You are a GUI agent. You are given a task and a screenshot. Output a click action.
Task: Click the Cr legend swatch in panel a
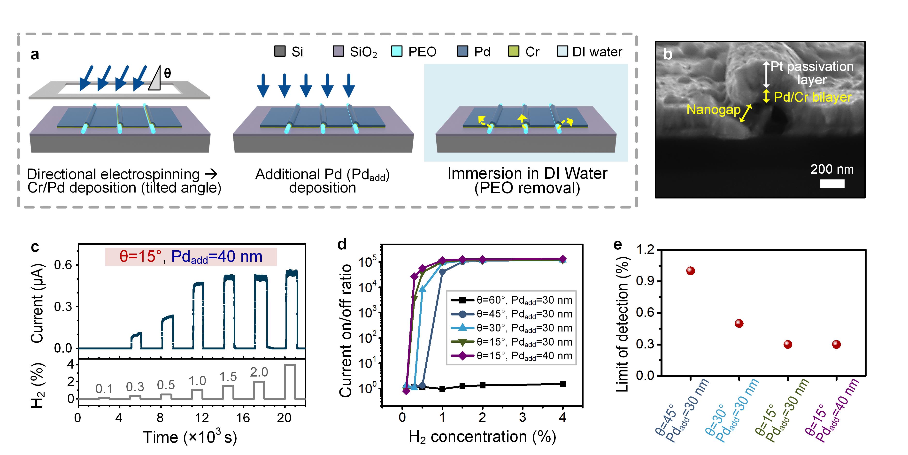coord(513,51)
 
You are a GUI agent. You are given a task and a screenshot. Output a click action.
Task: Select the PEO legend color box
coord(397,51)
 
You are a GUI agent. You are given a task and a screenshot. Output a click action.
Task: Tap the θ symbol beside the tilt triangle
coord(167,73)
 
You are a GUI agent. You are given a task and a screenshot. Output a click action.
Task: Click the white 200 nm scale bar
coord(832,184)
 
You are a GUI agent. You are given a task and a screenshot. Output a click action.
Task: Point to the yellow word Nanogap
coord(713,110)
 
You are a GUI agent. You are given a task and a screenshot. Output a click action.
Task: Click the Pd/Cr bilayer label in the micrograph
coord(812,97)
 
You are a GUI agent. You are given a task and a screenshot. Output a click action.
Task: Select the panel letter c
coord(35,247)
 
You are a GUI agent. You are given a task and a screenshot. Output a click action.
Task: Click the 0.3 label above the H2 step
coord(135,387)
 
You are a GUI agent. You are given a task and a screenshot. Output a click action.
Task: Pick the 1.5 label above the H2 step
coord(228,377)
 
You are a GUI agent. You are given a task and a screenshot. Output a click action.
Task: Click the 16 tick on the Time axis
coord(243,418)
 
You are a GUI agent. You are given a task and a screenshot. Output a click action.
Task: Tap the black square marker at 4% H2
coord(562,384)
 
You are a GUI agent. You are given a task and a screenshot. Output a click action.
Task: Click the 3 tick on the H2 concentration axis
coord(522,418)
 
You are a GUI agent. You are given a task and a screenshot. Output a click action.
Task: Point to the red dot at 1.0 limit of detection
coord(690,271)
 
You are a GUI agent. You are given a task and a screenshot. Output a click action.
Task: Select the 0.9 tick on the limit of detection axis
coord(645,281)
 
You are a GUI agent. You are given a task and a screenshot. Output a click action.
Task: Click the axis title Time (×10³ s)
coord(190,437)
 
